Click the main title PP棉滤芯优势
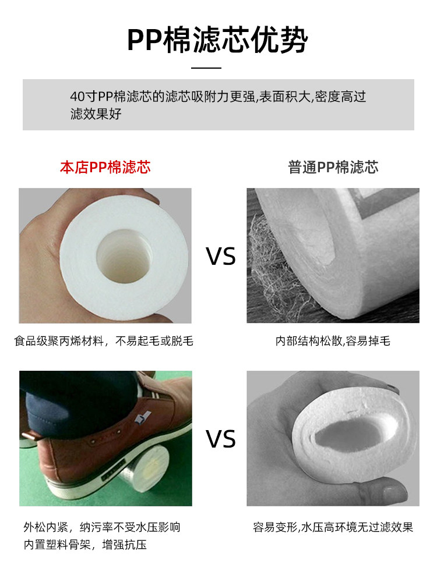click(x=218, y=40)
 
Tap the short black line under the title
click(x=206, y=68)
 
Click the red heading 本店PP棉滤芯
click(x=105, y=168)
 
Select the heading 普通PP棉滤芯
click(x=333, y=168)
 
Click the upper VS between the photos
click(x=221, y=257)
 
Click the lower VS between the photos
click(x=221, y=439)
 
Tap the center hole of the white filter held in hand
click(x=124, y=256)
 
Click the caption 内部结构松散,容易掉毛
click(x=333, y=340)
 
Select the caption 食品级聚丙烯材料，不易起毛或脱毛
click(x=104, y=340)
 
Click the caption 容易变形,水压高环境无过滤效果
click(x=333, y=527)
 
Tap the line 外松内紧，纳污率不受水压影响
click(x=102, y=527)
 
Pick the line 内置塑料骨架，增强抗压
click(x=85, y=545)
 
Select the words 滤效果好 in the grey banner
click(x=96, y=113)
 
